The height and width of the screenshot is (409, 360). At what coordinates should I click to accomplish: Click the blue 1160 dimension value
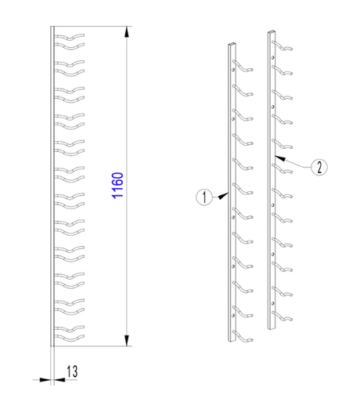(x=117, y=186)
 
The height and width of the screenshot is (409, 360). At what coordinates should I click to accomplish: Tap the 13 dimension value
(x=72, y=371)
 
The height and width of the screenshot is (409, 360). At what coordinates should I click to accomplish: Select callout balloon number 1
(x=204, y=197)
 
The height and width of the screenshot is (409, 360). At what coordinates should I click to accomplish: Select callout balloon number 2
(x=319, y=167)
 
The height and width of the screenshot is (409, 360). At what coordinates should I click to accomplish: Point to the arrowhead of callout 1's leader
(x=223, y=196)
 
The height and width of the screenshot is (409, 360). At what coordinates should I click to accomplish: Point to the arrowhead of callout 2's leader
(x=280, y=157)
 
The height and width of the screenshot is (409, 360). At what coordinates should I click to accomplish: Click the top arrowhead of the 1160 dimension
(x=127, y=32)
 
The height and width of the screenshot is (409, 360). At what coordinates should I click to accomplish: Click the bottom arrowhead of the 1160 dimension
(x=127, y=340)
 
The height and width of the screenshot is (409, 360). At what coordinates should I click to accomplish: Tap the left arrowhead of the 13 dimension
(x=45, y=380)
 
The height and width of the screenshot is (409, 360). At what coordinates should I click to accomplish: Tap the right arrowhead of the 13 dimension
(x=59, y=380)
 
